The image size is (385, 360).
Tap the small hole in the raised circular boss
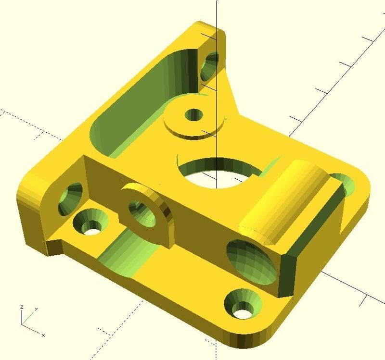coord(194,115)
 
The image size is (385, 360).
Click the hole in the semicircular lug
coord(140,212)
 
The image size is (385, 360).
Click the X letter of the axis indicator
coord(43,335)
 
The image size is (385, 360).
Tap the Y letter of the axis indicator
coord(37,309)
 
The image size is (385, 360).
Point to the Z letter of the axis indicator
coord(22,307)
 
